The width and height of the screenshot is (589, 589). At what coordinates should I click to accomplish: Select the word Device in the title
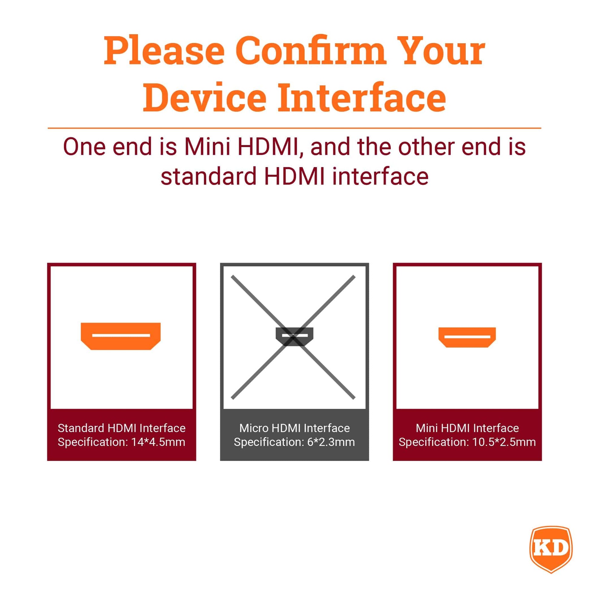coord(205,97)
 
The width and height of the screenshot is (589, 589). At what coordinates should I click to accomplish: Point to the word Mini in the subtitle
coord(207,146)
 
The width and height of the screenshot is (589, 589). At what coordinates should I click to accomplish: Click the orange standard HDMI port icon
coord(121,336)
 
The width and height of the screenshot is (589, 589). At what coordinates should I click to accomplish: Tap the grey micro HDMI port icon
coord(294,337)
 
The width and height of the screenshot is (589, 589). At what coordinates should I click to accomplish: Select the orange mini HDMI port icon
coord(467,337)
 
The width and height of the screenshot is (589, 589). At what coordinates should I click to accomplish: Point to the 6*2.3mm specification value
coord(331,442)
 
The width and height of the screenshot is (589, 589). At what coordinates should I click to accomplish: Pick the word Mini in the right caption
coord(427,428)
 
